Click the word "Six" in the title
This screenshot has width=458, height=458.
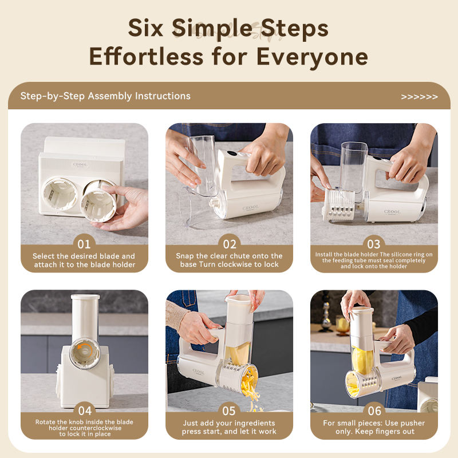[x=145, y=28]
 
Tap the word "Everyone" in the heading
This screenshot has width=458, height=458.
[x=312, y=57]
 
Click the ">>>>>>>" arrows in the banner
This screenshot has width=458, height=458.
[x=419, y=97]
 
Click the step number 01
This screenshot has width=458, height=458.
[x=84, y=244]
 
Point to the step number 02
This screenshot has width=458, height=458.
[x=230, y=244]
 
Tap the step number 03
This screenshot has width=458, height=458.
[x=374, y=244]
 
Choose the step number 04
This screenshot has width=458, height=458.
[x=85, y=411]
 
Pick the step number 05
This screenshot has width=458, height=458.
[x=228, y=411]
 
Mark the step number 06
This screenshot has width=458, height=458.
[x=374, y=411]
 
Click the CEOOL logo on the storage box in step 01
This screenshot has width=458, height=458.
[x=80, y=165]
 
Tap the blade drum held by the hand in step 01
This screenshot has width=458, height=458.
[x=98, y=204]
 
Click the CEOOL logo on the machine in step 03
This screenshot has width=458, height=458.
[x=392, y=211]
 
